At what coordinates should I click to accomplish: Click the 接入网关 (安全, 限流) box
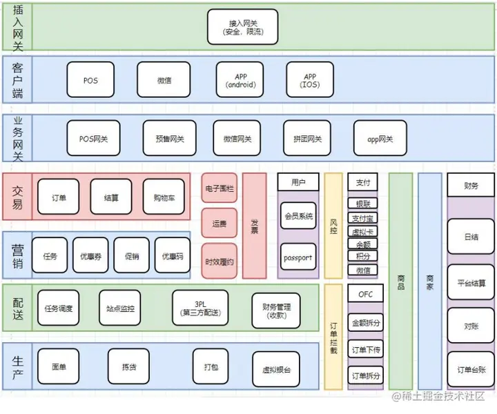click(242, 27)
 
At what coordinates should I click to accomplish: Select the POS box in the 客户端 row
click(90, 80)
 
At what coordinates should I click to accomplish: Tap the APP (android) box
click(240, 80)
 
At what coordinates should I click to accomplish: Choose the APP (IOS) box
click(310, 80)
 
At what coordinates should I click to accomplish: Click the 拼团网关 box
click(307, 139)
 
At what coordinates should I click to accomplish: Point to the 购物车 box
click(164, 197)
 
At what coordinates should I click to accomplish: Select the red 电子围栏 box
click(220, 188)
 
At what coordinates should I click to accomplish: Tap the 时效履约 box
click(220, 262)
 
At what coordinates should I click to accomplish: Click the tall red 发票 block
click(255, 225)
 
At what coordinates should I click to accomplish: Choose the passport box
click(298, 257)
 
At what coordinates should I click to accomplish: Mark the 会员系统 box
click(298, 216)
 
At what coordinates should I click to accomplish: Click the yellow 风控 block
click(333, 225)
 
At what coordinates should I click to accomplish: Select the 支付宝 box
click(363, 218)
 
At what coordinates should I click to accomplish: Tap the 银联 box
click(363, 204)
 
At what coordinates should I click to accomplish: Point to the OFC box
click(365, 293)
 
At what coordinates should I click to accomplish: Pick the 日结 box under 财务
click(471, 237)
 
